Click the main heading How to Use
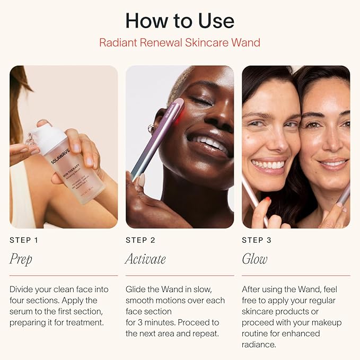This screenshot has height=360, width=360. [x=180, y=21]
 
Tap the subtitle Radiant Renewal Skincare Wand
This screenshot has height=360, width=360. [x=180, y=42]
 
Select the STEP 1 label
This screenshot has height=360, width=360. [x=24, y=240]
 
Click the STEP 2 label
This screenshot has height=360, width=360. [x=141, y=240]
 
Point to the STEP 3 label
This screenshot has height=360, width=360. [x=257, y=240]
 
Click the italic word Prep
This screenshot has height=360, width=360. [x=21, y=259]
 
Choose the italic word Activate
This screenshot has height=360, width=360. [x=145, y=259]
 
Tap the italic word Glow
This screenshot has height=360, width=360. [x=254, y=259]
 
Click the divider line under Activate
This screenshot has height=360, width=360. [x=180, y=275]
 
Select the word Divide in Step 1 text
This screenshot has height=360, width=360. [x=22, y=289]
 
